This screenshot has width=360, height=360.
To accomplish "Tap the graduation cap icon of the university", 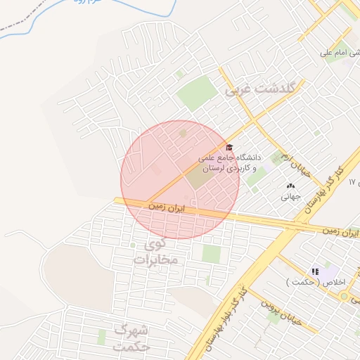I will tap(229, 147).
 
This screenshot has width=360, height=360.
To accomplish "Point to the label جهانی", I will tap(290, 197).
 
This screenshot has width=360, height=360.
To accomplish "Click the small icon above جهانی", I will tap(290, 186).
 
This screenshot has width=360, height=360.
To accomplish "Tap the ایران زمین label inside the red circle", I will tap(169, 207).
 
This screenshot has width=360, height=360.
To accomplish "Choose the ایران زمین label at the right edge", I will tap(340, 231).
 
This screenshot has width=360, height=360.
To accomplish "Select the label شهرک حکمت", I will tap(131, 337).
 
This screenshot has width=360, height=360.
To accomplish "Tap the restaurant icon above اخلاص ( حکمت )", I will tap(315, 271).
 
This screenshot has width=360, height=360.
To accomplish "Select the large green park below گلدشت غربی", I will tap(197, 93).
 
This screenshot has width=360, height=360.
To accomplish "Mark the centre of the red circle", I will tap(180, 179).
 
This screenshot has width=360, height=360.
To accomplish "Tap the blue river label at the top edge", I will tap(77, 3).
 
